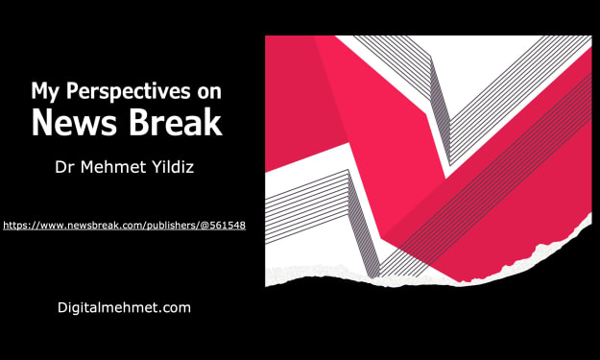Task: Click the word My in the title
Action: [x=45, y=92]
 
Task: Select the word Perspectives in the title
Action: [x=129, y=92]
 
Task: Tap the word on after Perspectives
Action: [x=209, y=93]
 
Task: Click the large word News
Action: [x=74, y=122]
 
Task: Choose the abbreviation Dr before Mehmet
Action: [x=64, y=167]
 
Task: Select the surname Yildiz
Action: [x=173, y=167]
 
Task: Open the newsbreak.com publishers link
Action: [x=125, y=226]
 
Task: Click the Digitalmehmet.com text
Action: [x=124, y=308]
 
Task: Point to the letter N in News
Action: [x=42, y=122]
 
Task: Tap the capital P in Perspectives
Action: [x=71, y=90]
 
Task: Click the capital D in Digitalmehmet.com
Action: [x=62, y=307]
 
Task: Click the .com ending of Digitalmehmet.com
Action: [x=176, y=308]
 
